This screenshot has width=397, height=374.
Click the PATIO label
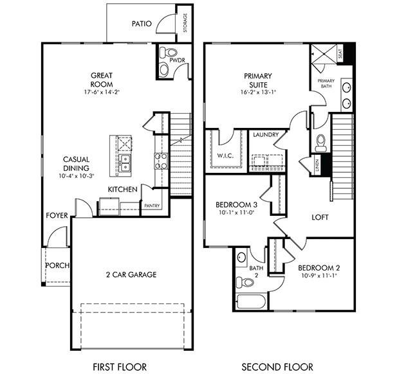point(142,24)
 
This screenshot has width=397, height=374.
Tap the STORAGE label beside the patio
point(185,24)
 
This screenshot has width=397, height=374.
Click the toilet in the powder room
point(165,52)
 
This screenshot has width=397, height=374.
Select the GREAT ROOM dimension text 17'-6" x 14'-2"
point(101,92)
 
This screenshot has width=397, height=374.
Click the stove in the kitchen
point(160,160)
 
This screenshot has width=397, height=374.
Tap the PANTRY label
point(152,206)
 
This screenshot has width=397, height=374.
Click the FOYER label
point(57,215)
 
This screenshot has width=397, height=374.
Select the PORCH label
point(57,265)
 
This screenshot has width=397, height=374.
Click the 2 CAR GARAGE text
point(131,274)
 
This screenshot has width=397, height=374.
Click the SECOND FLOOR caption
point(277,367)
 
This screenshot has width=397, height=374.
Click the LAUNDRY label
point(265,135)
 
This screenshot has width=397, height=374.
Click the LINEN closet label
point(317,165)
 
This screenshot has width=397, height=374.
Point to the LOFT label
point(320,217)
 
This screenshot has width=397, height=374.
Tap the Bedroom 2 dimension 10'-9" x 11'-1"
point(319,275)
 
